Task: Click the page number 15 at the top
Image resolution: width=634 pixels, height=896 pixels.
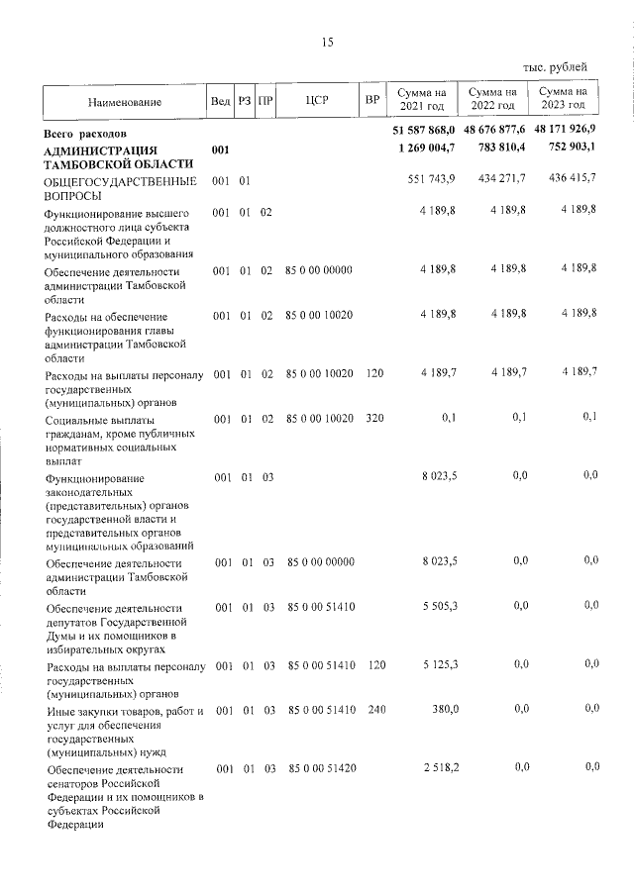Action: pyautogui.click(x=327, y=42)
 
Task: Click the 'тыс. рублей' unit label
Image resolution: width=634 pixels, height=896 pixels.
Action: pyautogui.click(x=555, y=67)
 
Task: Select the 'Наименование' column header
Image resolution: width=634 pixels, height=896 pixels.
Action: pyautogui.click(x=124, y=101)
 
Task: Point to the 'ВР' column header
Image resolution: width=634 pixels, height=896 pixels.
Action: pyautogui.click(x=371, y=101)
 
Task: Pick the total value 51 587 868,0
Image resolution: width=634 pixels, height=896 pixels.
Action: pyautogui.click(x=424, y=131)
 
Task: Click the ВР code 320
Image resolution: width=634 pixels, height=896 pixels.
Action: pyautogui.click(x=373, y=418)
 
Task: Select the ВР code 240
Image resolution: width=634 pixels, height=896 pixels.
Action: pyautogui.click(x=373, y=710)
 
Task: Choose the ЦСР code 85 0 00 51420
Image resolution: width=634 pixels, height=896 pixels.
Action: pyautogui.click(x=319, y=768)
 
